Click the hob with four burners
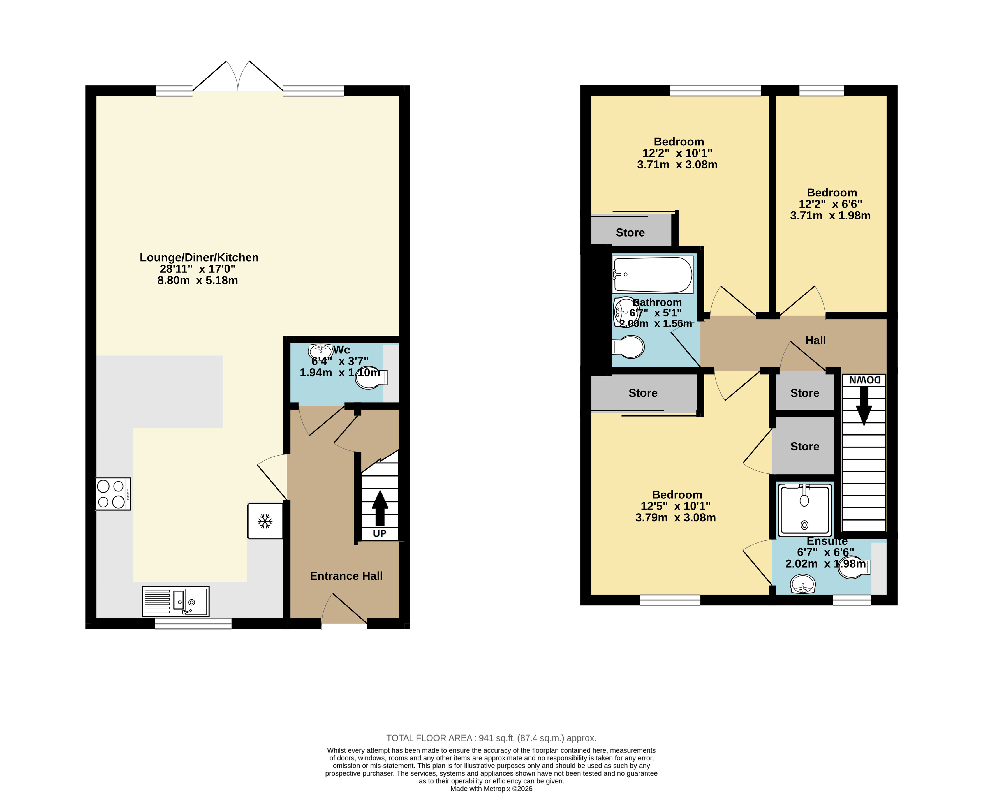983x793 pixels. point(113,494)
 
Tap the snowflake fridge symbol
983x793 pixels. point(265,521)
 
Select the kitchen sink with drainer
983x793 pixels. point(175,602)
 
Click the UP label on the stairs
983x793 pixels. point(380,533)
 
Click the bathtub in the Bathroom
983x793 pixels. point(652,274)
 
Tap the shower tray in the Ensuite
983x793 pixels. point(805,509)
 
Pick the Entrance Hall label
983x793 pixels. point(346,576)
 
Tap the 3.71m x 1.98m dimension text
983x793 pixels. point(831,216)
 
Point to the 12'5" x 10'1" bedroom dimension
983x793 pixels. point(676,506)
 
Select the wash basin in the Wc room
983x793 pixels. point(321,351)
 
